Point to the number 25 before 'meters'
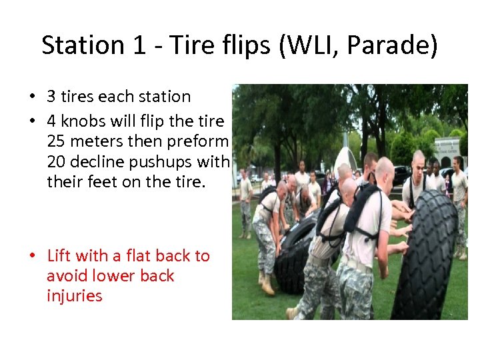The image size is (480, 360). [x=58, y=141]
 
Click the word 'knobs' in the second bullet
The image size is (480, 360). [x=85, y=122]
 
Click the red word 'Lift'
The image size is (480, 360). [x=59, y=256]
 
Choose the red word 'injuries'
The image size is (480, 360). [x=75, y=295]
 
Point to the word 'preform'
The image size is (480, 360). [x=201, y=141]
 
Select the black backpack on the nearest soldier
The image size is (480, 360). [x=361, y=209]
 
